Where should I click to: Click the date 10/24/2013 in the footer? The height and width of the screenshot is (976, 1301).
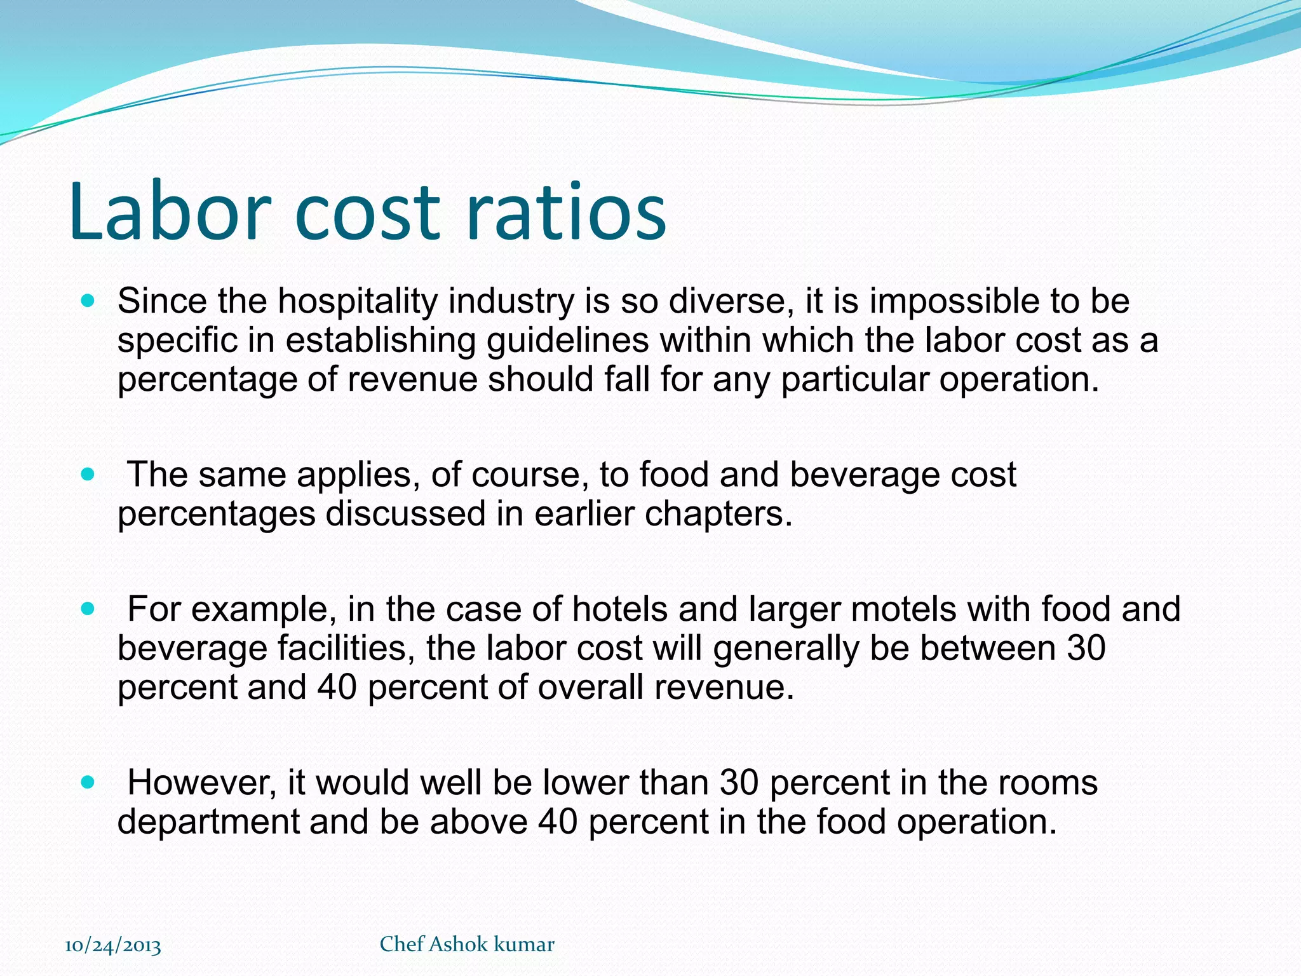113,945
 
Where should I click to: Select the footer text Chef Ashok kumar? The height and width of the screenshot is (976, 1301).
467,944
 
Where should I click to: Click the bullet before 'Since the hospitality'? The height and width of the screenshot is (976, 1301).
88,301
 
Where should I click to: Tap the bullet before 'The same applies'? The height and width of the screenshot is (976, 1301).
88,474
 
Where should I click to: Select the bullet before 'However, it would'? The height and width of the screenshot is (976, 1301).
88,782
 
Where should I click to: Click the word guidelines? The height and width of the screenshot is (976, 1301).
568,341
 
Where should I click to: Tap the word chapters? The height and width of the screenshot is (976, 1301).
718,513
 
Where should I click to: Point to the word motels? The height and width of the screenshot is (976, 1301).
903,609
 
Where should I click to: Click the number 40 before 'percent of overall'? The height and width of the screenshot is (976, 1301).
337,688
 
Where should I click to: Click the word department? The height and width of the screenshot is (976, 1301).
208,822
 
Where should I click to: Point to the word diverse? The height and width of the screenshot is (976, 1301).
731,301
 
